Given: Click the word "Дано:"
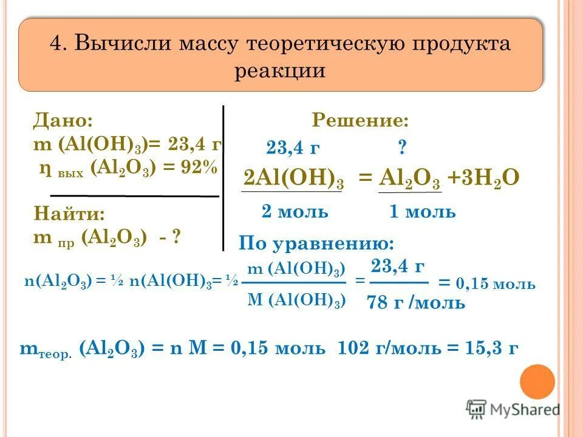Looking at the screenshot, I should click(63, 120).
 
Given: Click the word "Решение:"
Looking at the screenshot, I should click(360, 120).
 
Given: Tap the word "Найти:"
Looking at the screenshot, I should click(69, 214).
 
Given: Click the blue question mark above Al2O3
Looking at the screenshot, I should click(401, 147).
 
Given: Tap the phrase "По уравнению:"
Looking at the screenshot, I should click(316, 243).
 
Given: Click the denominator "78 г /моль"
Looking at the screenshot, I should click(416, 302).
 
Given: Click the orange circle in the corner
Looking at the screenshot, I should click(537, 382).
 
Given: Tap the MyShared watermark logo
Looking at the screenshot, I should click(513, 408).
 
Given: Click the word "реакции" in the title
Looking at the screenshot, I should click(280, 70).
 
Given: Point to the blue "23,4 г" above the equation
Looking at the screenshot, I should click(293, 147).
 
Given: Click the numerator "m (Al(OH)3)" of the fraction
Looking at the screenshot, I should click(297, 269).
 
